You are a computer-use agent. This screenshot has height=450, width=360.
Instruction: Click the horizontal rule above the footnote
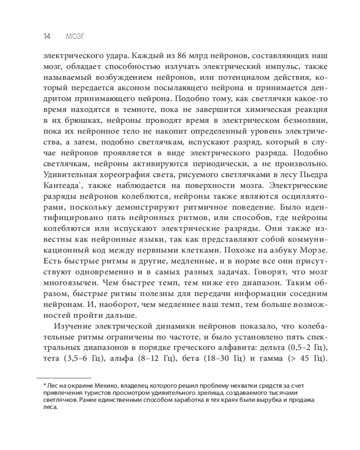tap(63, 378)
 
